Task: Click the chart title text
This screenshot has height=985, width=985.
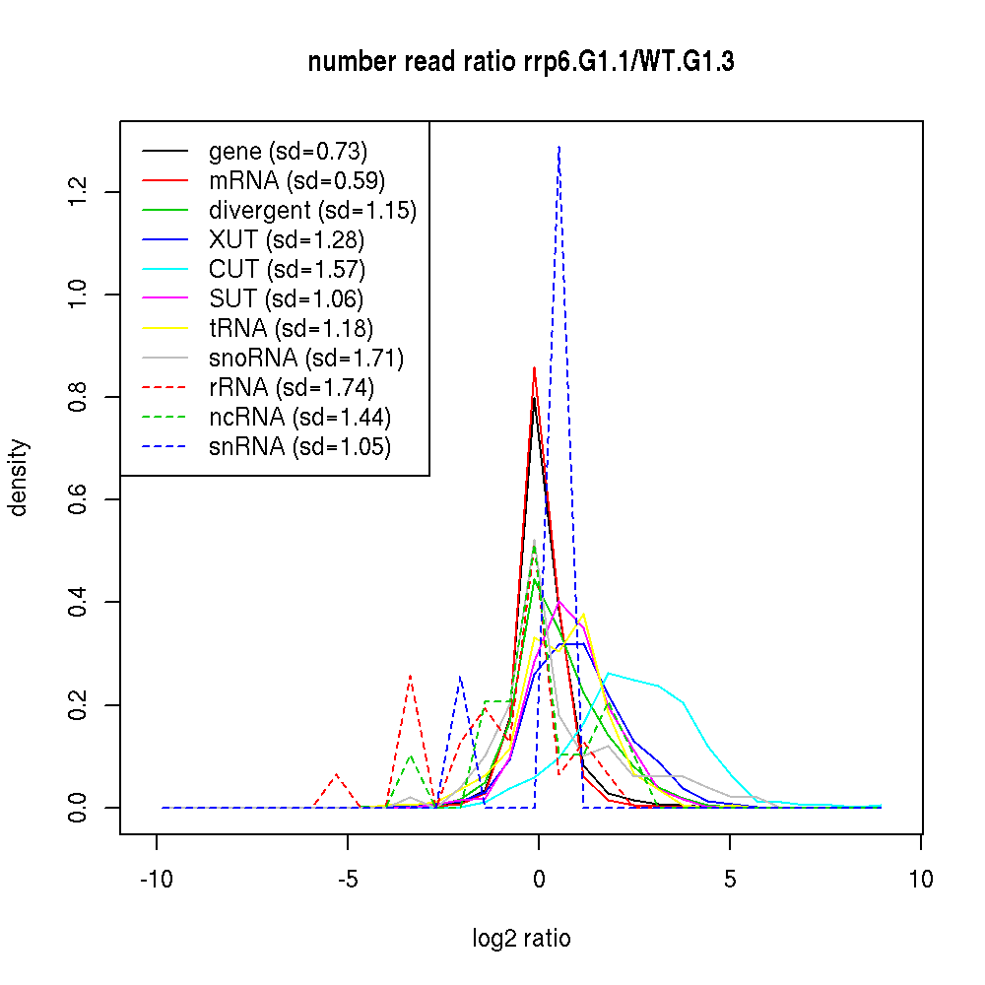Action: (x=521, y=62)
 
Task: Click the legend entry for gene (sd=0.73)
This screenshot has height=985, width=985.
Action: (x=288, y=152)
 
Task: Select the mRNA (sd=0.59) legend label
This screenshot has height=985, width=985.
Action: (x=296, y=181)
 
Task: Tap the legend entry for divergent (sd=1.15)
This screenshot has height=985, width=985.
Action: (x=312, y=211)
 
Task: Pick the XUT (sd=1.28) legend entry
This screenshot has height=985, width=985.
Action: (x=287, y=240)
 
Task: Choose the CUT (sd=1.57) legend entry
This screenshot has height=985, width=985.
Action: (x=287, y=270)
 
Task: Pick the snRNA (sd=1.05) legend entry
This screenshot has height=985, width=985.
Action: (x=299, y=447)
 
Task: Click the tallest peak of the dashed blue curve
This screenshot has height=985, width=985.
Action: (x=558, y=147)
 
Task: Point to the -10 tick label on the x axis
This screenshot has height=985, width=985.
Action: (x=157, y=880)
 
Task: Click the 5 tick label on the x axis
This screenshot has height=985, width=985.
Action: (x=730, y=880)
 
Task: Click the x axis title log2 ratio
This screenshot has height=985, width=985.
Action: (x=521, y=939)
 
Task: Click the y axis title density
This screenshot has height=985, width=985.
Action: (x=19, y=478)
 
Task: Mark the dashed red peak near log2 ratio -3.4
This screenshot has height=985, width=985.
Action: (x=410, y=676)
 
